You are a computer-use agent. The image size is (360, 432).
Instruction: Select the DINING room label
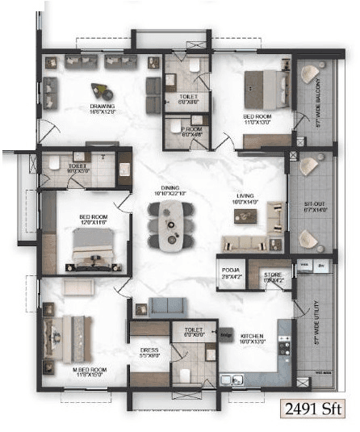[170, 191]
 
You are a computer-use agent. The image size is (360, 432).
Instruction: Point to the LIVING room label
[246, 199]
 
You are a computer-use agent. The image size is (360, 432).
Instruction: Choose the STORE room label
[272, 278]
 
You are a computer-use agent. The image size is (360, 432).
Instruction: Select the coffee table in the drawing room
[102, 90]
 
